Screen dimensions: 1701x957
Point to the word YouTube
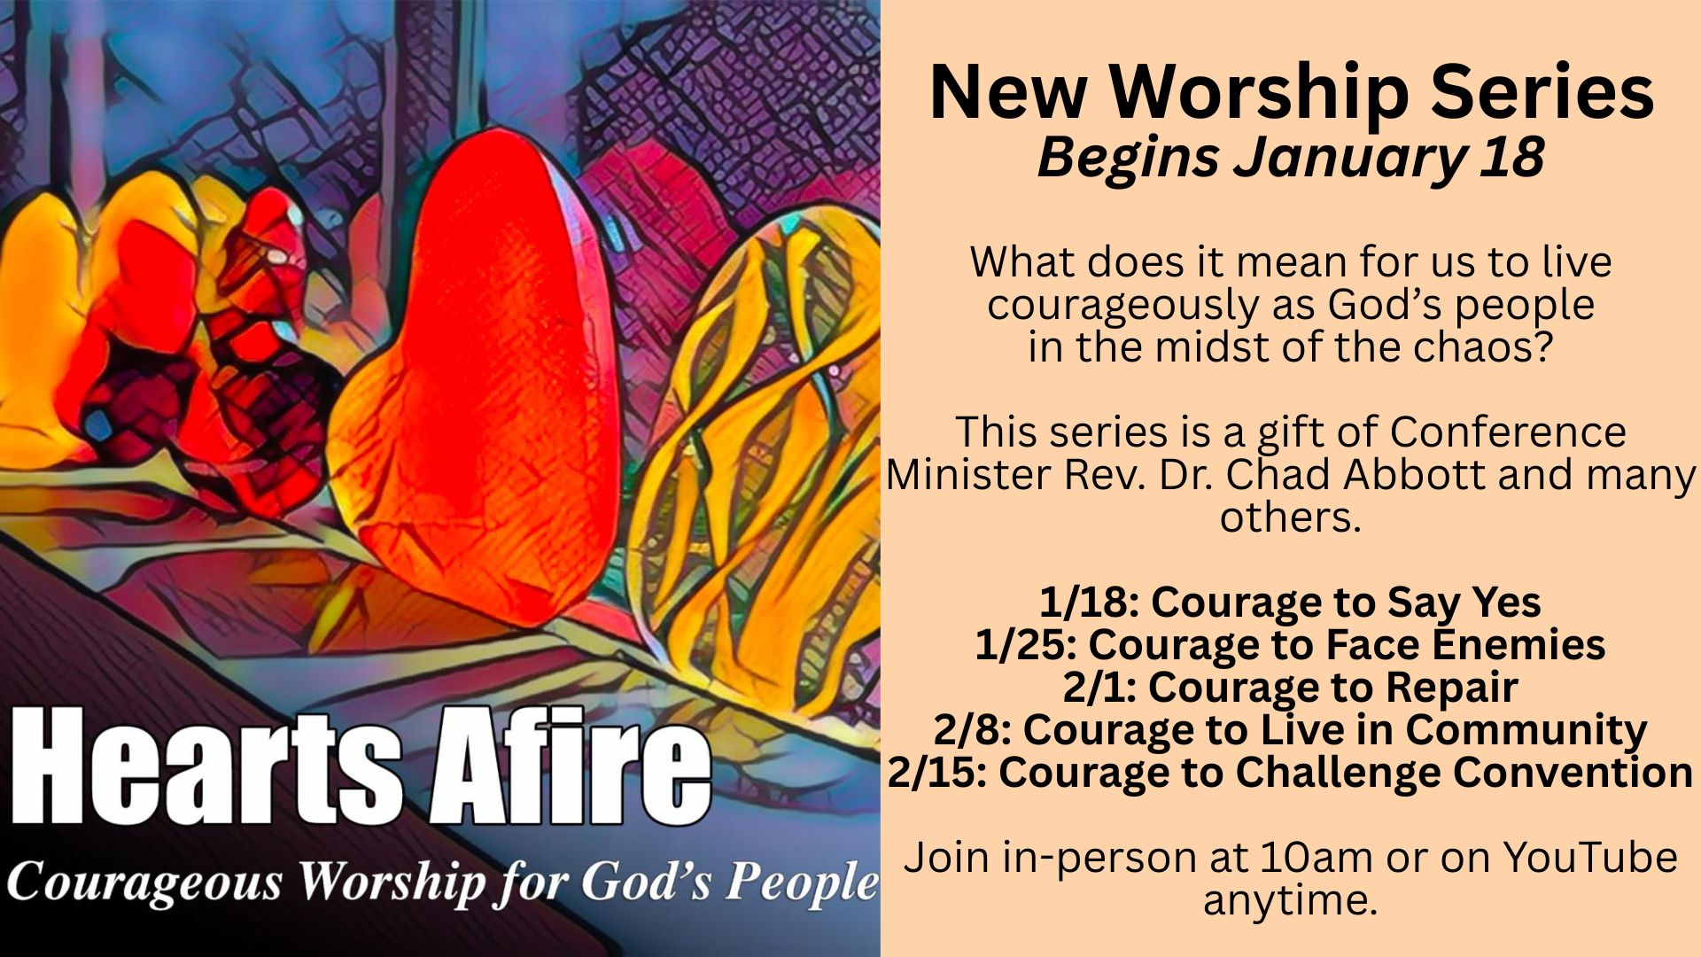pyautogui.click(x=1590, y=858)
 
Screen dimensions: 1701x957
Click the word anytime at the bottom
pyautogui.click(x=1290, y=901)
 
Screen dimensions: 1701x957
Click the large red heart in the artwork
pyautogui.click(x=478, y=381)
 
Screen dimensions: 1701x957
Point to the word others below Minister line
pyautogui.click(x=1290, y=517)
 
